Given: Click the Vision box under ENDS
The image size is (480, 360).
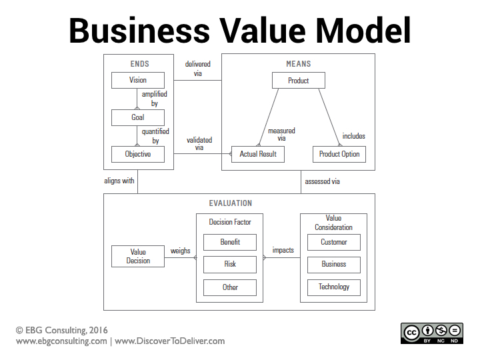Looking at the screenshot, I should click(138, 81).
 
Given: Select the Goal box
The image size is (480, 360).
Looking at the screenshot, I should click(138, 117).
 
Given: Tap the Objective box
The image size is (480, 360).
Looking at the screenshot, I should click(138, 154).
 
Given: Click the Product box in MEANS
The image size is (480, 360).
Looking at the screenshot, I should click(299, 81).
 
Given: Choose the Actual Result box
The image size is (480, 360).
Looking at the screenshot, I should click(258, 154).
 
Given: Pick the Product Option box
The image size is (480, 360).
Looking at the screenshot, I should click(339, 154).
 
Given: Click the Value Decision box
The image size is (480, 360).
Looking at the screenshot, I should click(138, 256).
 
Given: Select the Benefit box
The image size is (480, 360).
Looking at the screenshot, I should click(230, 242).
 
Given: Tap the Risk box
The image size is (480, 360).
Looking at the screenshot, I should click(230, 264).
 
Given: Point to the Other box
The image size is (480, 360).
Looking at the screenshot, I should click(230, 287).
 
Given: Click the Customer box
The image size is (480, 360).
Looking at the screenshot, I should click(334, 242).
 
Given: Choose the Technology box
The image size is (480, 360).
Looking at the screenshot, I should click(334, 287).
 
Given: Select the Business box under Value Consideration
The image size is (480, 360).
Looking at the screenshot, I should click(334, 264).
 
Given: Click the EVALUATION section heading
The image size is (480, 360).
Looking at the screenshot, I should click(231, 203).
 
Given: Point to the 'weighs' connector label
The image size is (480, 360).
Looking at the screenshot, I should click(181, 251).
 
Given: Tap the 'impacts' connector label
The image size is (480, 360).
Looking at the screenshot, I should click(283, 251).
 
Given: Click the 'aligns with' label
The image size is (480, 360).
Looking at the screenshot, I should click(119, 181).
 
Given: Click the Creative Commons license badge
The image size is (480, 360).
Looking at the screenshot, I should click(431, 333).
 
